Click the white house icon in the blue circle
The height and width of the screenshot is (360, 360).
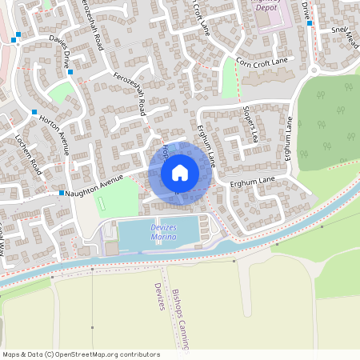tap(179, 172)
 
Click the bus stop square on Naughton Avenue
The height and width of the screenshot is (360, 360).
tap(61, 193)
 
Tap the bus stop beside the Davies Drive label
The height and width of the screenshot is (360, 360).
tap(70, 73)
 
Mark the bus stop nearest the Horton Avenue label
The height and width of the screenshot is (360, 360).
tap(34, 111)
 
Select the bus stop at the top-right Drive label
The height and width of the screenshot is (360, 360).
tap(310, 23)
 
